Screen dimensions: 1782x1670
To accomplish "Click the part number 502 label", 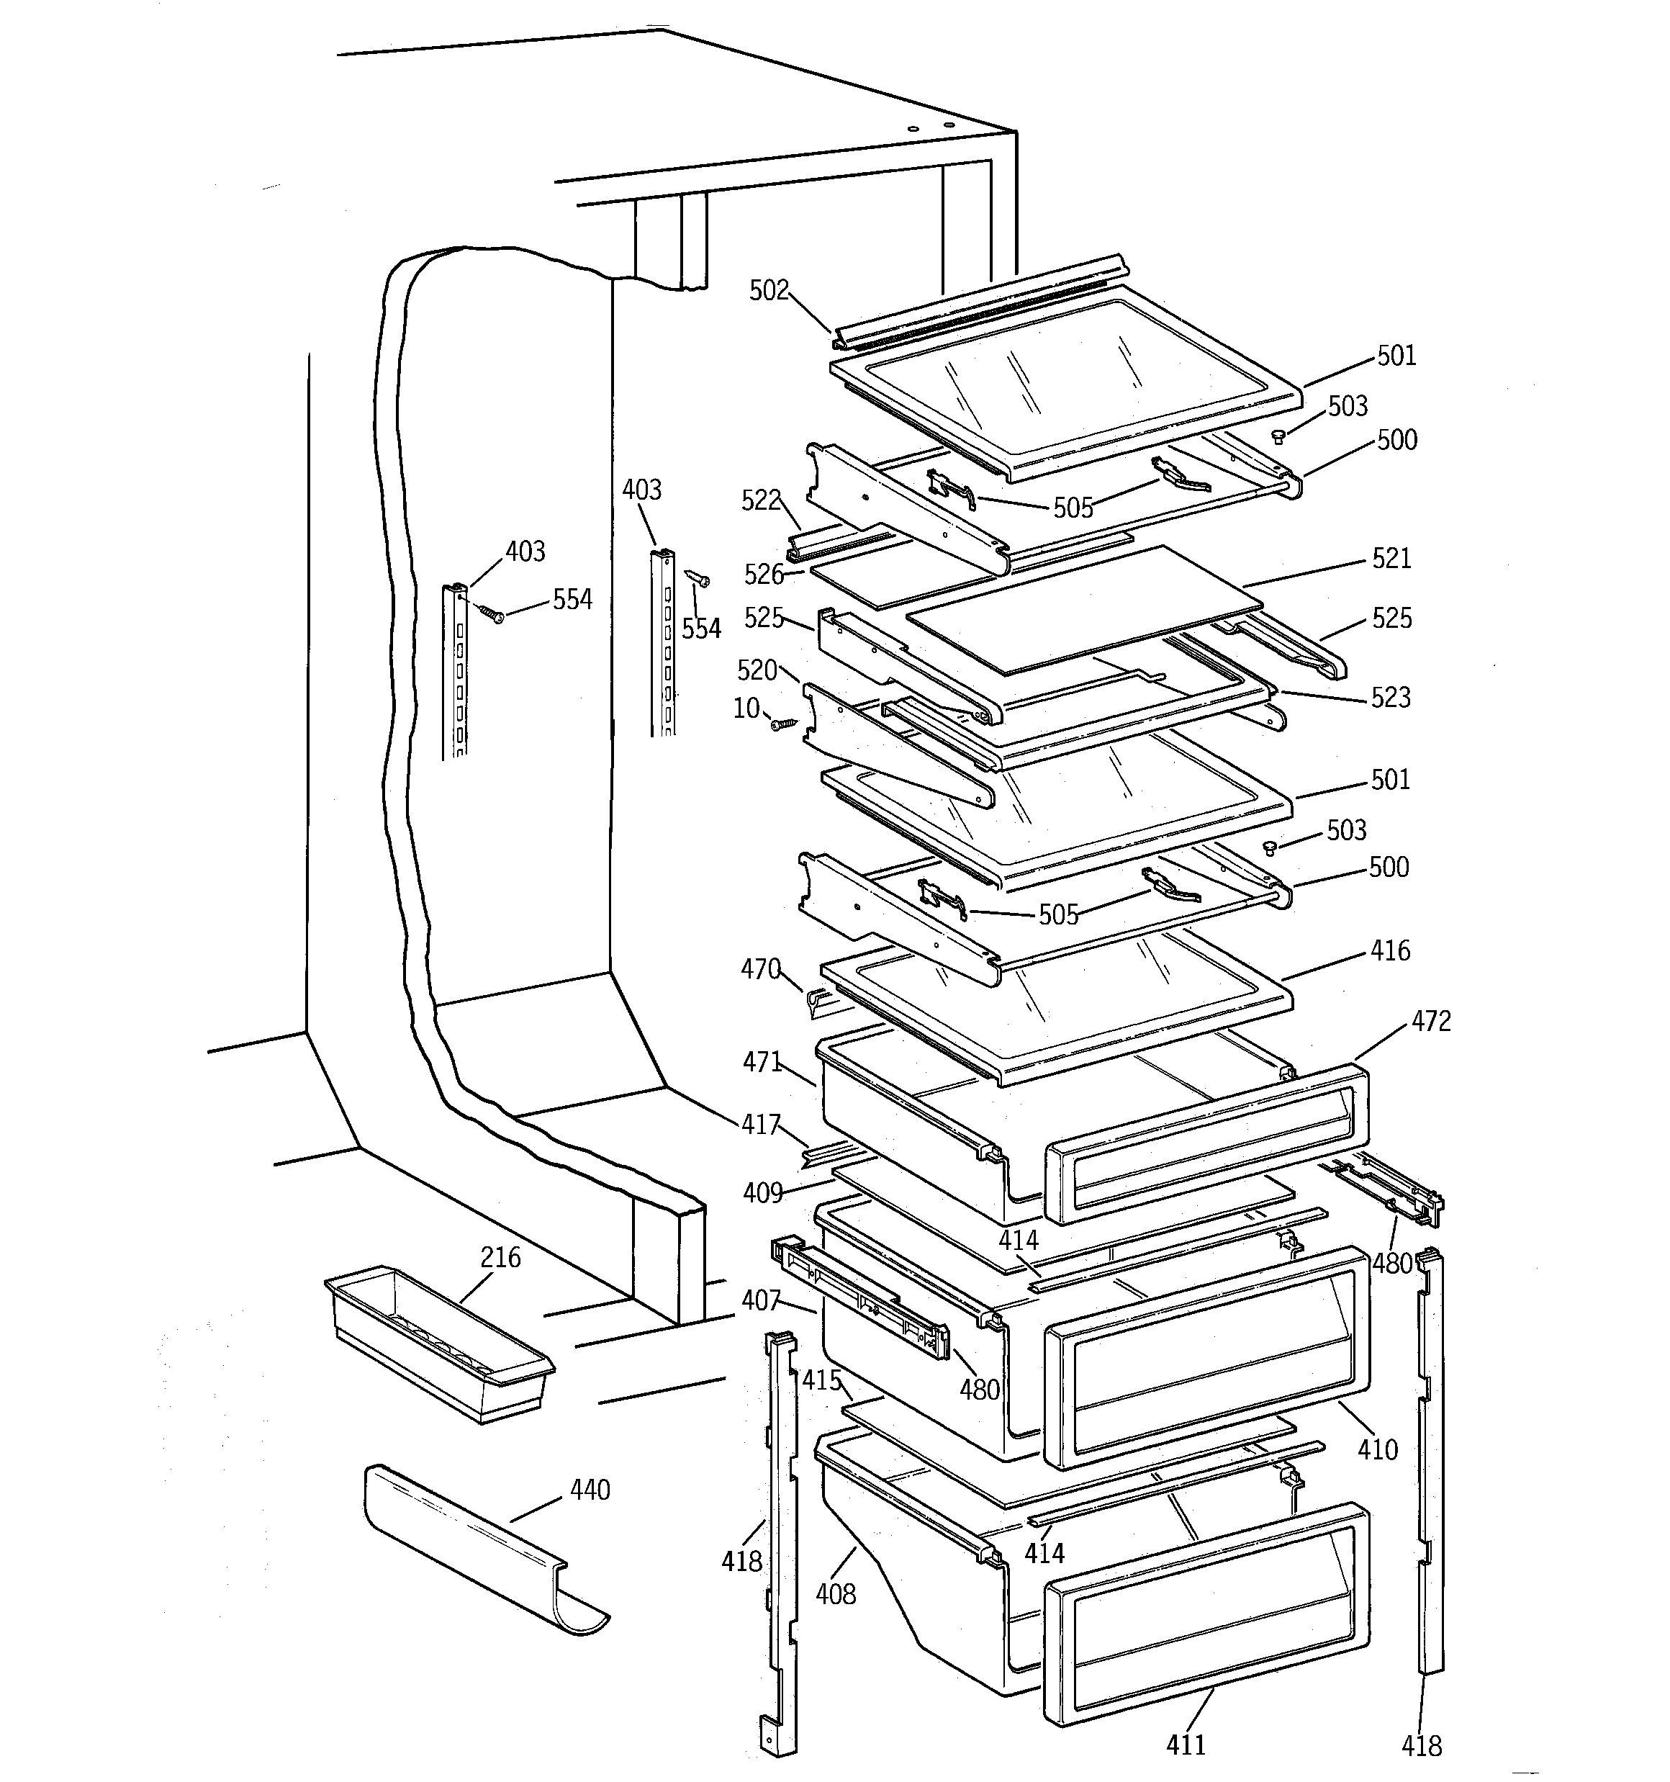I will (768, 290).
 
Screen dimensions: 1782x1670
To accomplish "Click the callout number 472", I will (1431, 1021).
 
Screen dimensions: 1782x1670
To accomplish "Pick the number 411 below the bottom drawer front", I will (1186, 1745).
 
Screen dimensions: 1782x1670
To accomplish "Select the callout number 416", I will (1389, 950).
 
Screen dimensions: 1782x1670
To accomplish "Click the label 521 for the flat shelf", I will (1391, 559).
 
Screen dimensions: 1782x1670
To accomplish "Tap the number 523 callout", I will (1390, 698).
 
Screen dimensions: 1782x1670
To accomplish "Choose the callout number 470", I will (760, 969).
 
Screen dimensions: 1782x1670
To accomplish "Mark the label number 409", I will (763, 1193).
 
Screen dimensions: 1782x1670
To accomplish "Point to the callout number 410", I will (1378, 1449).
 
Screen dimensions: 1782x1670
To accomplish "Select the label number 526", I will (764, 574).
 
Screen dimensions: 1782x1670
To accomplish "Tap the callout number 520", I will (757, 670).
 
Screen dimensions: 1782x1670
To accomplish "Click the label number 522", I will (761, 500).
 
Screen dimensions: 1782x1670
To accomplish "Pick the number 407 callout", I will (761, 1300).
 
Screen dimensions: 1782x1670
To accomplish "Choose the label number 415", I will (822, 1380).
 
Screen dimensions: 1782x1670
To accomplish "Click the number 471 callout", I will (762, 1062).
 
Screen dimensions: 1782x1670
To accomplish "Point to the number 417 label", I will (760, 1124).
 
